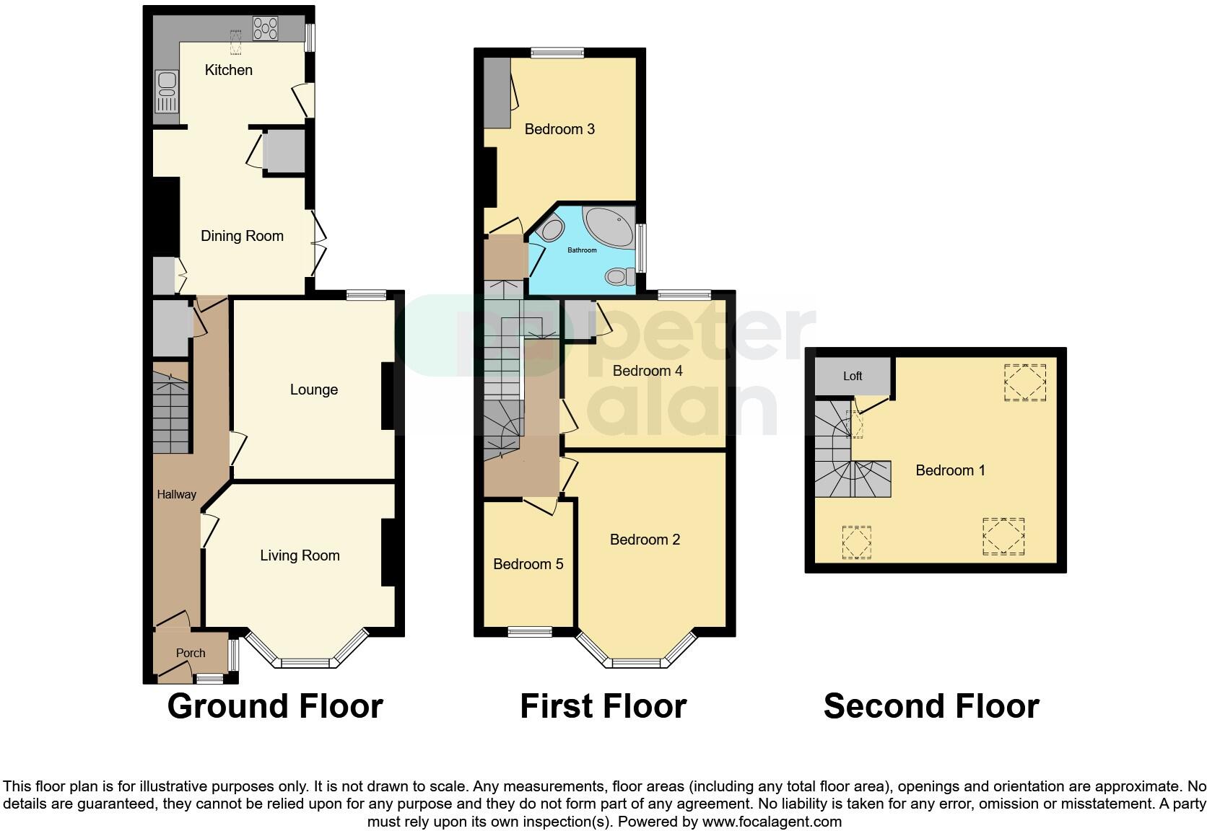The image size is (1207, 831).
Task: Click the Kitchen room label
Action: coord(228,70)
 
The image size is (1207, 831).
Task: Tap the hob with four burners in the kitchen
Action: coord(265,29)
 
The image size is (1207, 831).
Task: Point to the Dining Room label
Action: coord(242,236)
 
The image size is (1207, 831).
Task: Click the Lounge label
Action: coord(313,390)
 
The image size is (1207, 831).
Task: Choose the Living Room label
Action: coord(300,555)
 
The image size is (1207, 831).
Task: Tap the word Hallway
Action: coord(176,494)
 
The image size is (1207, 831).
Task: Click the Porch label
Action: coord(191,653)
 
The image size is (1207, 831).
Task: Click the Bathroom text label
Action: coord(582,250)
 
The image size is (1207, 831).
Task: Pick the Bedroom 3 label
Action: coord(559,129)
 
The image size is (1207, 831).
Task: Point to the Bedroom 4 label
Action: coord(648,371)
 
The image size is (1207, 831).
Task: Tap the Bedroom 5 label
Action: coord(528,564)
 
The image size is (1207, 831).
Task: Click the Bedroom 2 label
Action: coord(645,540)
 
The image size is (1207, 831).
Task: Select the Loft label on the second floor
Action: coord(853,376)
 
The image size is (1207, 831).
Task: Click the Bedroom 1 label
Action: coord(950,470)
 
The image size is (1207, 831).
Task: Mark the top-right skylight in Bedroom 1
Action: coord(1025,382)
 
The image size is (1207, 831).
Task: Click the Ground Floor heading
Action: coord(275,706)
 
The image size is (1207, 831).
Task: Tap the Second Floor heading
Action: coord(931,706)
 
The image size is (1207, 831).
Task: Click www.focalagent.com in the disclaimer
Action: coord(772,822)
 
